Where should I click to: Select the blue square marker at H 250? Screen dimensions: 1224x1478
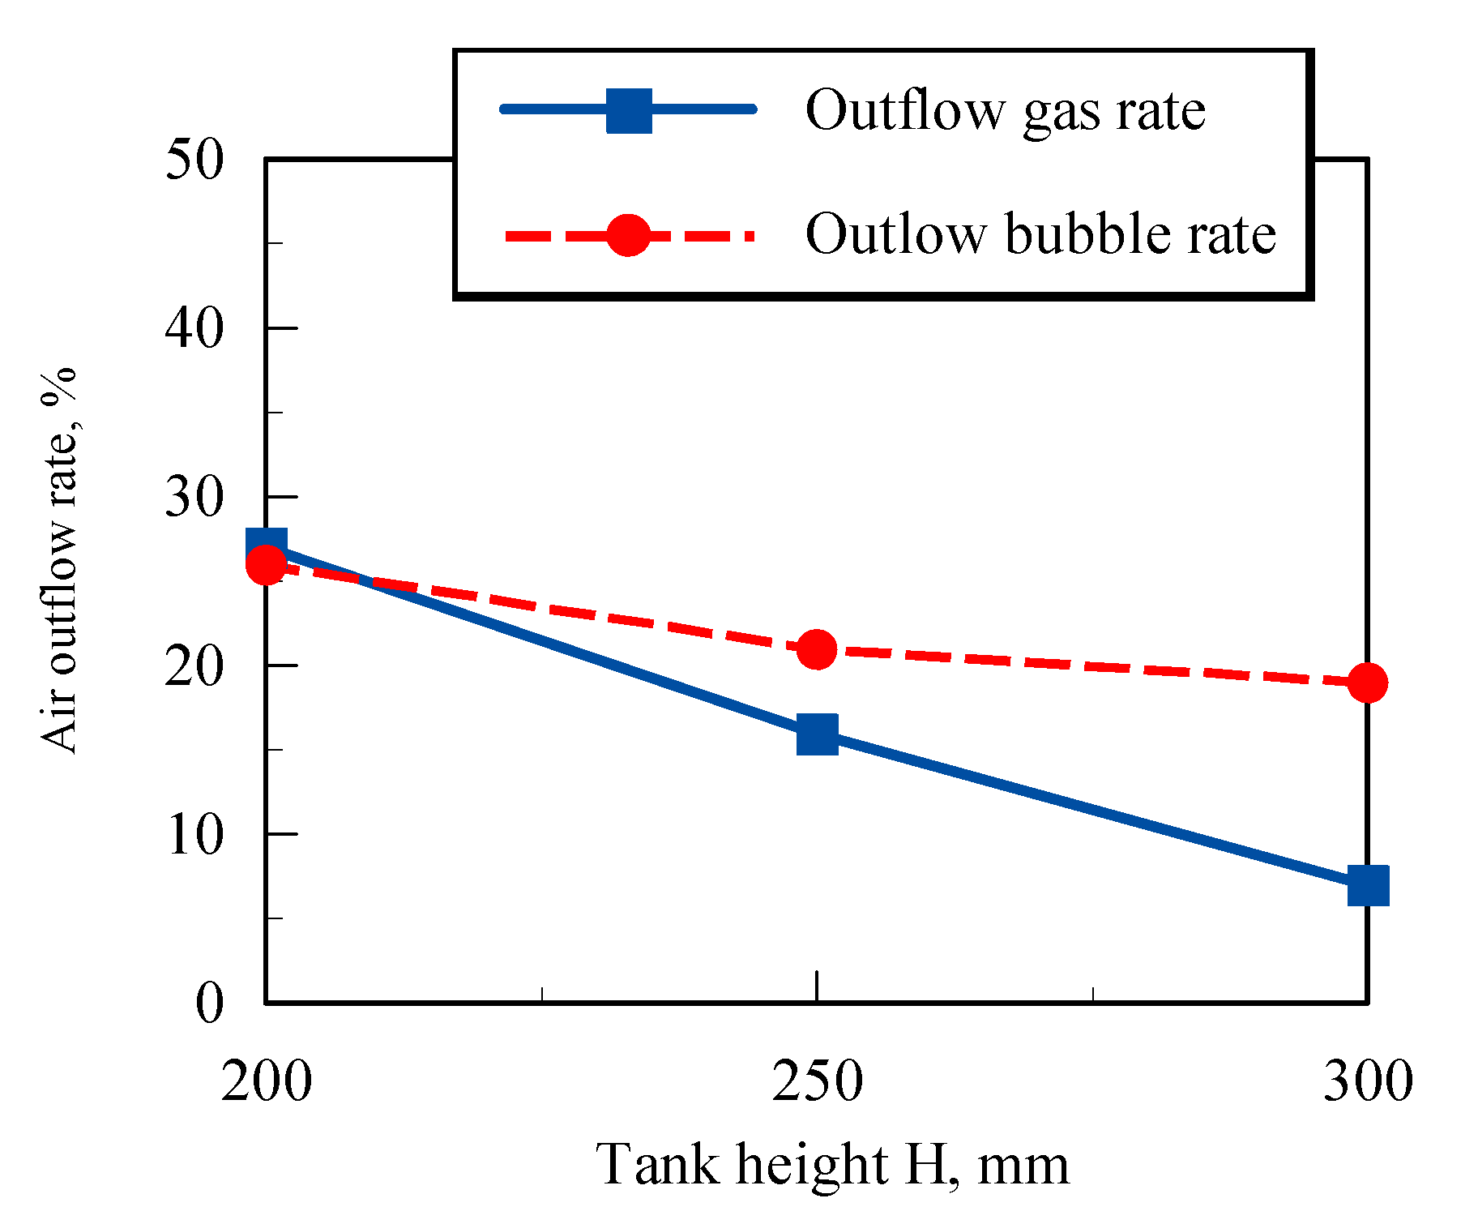817,734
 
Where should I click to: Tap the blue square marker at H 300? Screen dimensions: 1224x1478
1368,884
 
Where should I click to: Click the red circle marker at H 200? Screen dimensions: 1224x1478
266,565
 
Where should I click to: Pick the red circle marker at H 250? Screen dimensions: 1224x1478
817,649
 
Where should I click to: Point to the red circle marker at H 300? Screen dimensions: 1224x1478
1368,683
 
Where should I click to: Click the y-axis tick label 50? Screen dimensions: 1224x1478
194,160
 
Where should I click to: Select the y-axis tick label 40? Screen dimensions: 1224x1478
194,328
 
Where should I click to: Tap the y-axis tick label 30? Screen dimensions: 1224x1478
194,497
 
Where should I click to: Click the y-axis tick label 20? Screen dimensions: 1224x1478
194,666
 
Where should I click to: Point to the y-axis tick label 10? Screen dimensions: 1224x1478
194,835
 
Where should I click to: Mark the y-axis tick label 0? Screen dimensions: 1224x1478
209,1004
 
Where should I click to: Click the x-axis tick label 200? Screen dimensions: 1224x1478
266,1081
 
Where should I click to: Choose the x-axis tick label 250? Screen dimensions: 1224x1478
817,1081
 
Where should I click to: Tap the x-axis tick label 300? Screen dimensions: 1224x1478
1368,1081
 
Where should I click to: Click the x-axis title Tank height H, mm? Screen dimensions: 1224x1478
833,1166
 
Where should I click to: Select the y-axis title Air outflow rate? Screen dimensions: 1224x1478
59,559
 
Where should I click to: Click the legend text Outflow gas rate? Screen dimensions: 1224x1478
1005,110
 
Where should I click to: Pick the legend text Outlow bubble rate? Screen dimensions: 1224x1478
1040,234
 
